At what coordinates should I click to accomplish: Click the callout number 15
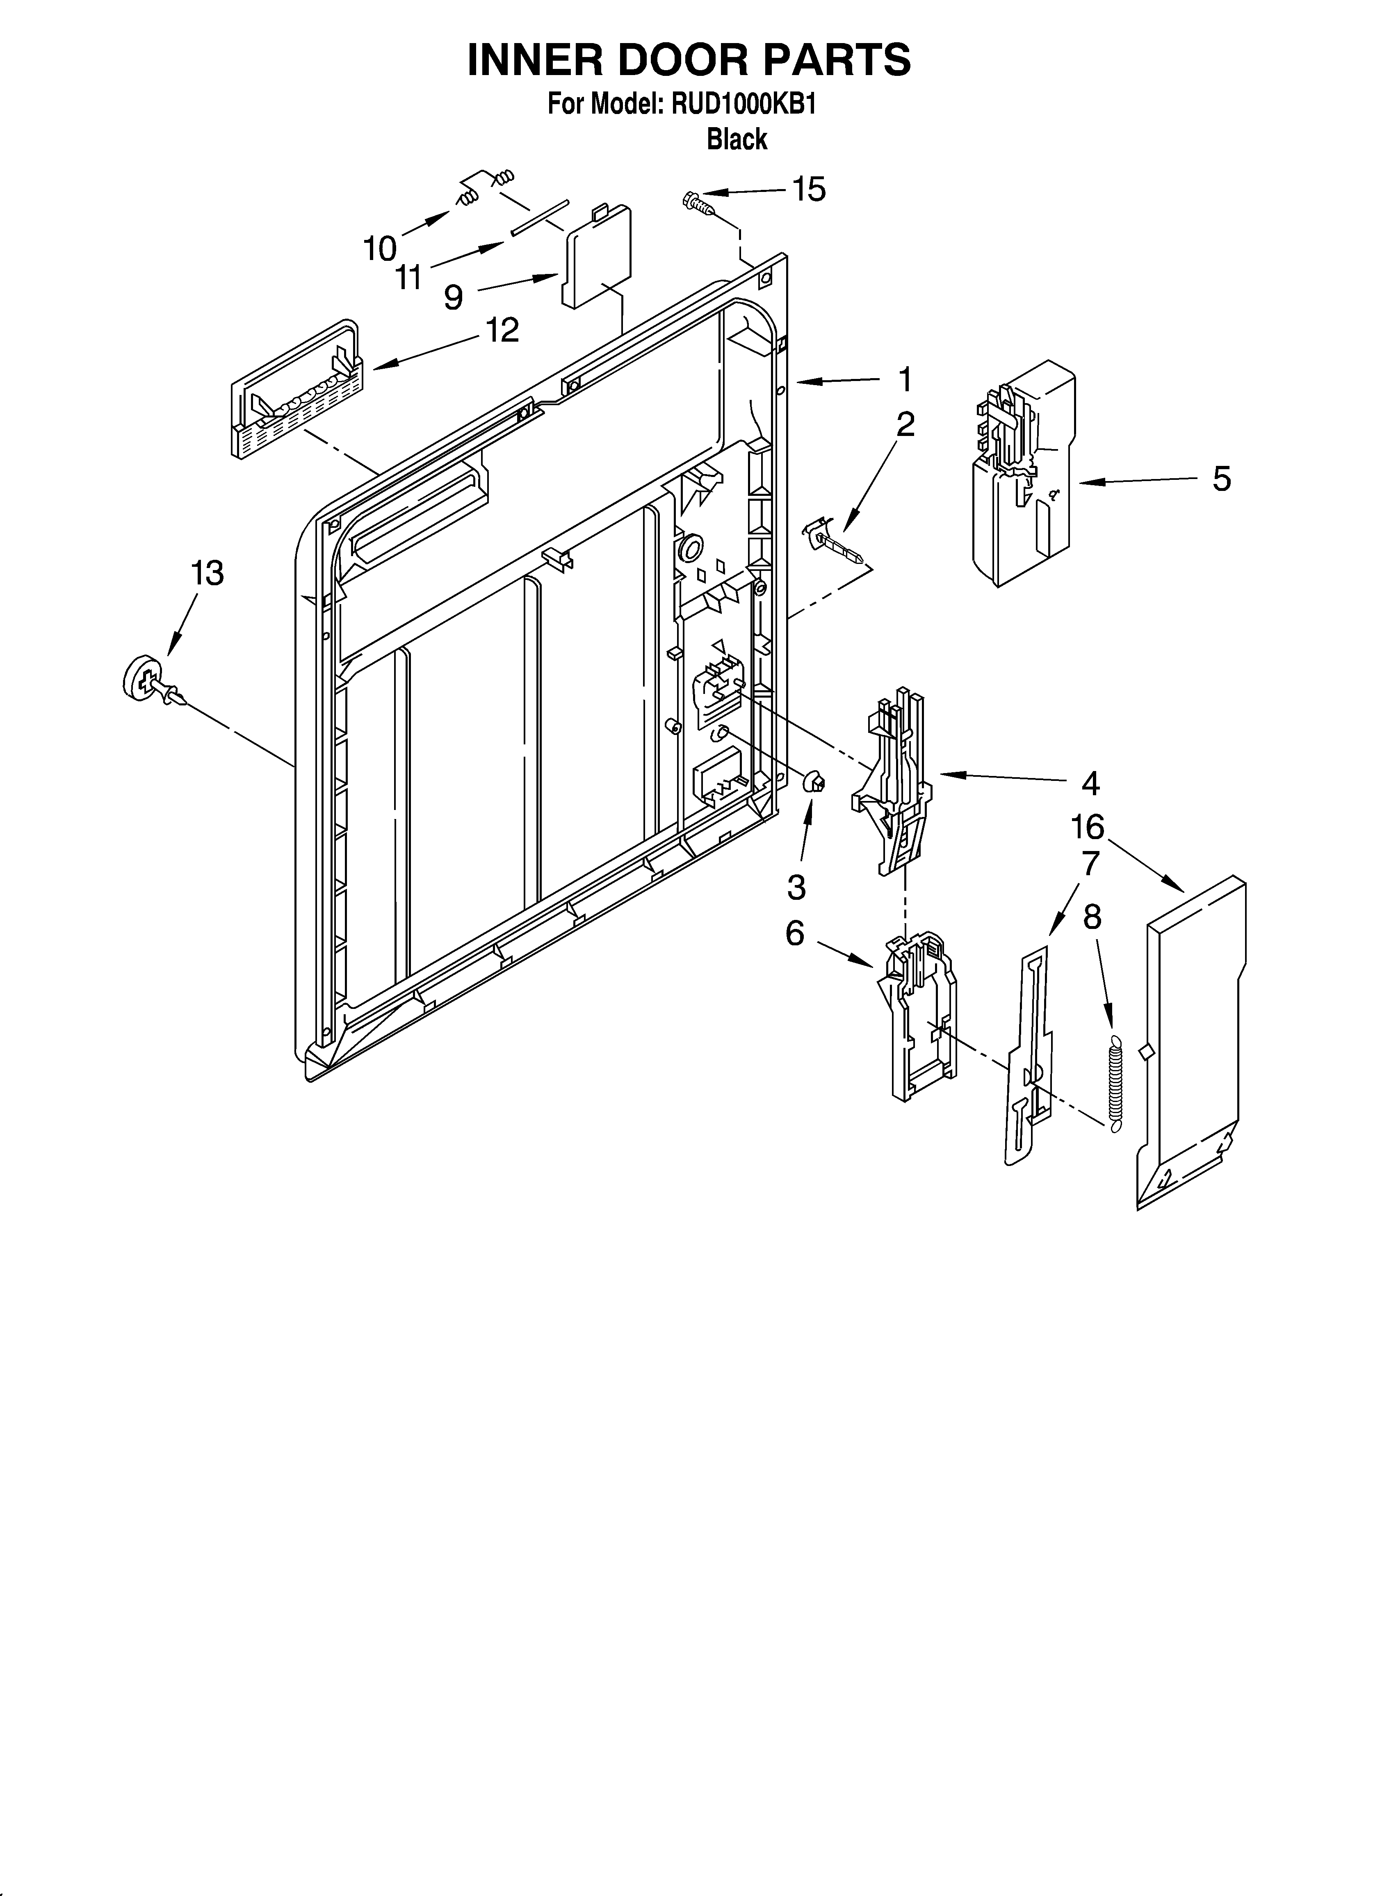pyautogui.click(x=809, y=190)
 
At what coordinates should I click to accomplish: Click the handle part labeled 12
pyautogui.click(x=297, y=389)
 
